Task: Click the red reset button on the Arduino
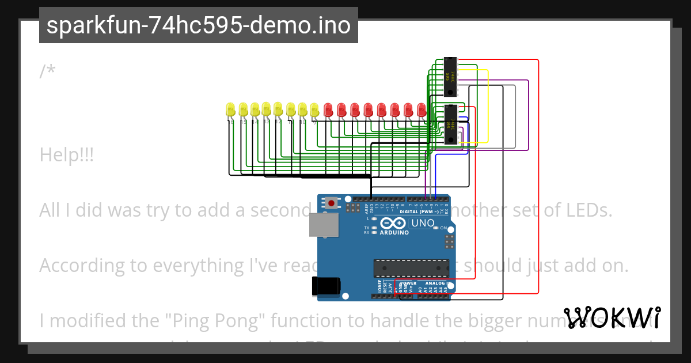pos(332,203)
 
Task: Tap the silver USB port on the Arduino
pos(323,225)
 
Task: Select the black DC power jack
pos(326,286)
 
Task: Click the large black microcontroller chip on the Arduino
pos(411,268)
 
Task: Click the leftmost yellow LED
pos(230,109)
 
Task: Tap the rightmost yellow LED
pos(314,109)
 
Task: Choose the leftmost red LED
pos(328,109)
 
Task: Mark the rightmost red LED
pos(422,109)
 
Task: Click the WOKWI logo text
pos(612,317)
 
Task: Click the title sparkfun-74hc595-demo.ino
pos(199,25)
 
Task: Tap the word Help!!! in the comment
pos(67,155)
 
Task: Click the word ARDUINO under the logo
pos(394,233)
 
